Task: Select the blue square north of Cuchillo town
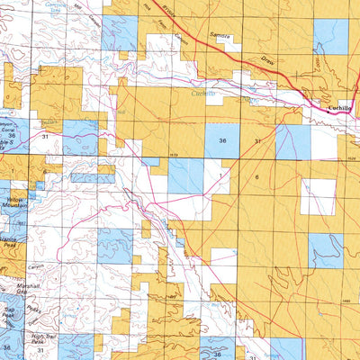[330, 36]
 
